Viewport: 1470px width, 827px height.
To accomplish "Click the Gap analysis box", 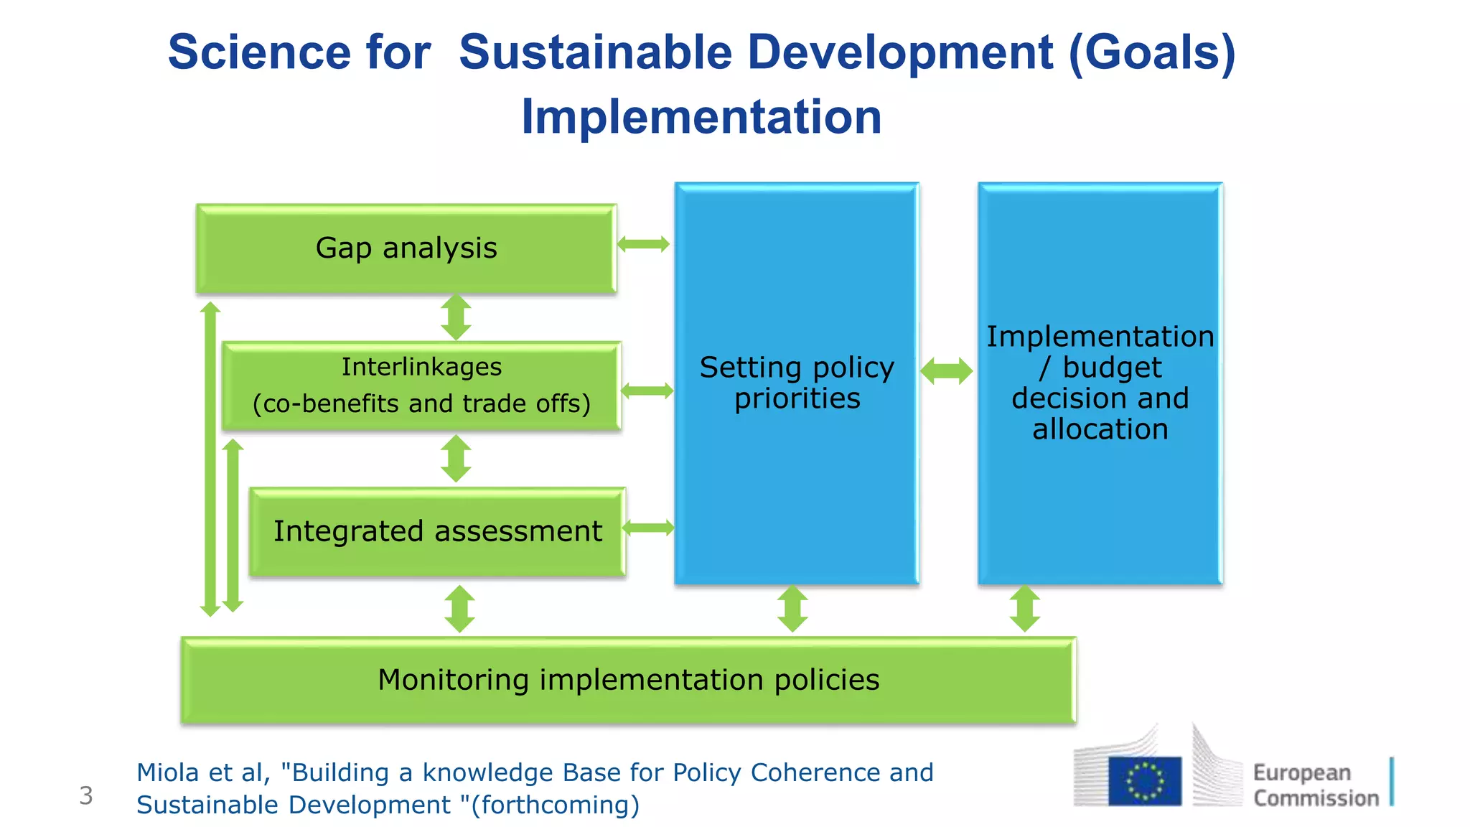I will click(406, 248).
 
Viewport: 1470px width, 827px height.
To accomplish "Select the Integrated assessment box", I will click(437, 532).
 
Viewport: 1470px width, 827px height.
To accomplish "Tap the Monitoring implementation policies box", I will click(628, 680).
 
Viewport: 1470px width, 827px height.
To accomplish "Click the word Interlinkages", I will click(421, 367).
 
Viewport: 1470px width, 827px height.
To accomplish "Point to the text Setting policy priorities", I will click(797, 383).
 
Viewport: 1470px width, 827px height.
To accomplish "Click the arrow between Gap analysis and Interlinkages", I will click(456, 317).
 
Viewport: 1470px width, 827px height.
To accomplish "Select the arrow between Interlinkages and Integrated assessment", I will click(456, 459).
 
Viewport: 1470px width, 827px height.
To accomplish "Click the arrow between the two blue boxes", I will click(947, 371).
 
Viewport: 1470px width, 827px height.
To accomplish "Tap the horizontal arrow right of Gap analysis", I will click(643, 244).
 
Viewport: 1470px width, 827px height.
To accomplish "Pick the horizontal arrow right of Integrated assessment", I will click(648, 528).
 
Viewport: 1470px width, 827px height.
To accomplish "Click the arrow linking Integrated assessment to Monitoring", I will click(459, 609).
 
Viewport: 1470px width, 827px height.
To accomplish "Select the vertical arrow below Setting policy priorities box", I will click(792, 609).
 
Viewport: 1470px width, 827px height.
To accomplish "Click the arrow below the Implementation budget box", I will click(1024, 609).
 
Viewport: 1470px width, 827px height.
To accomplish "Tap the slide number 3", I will click(86, 795).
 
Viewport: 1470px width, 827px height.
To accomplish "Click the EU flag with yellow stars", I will click(1144, 780).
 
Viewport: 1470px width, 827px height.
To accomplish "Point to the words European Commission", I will click(1315, 785).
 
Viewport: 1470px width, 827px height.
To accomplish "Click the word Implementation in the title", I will click(701, 117).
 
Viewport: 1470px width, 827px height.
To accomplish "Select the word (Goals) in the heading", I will click(1152, 52).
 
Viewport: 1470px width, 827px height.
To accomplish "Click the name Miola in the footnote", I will click(168, 773).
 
